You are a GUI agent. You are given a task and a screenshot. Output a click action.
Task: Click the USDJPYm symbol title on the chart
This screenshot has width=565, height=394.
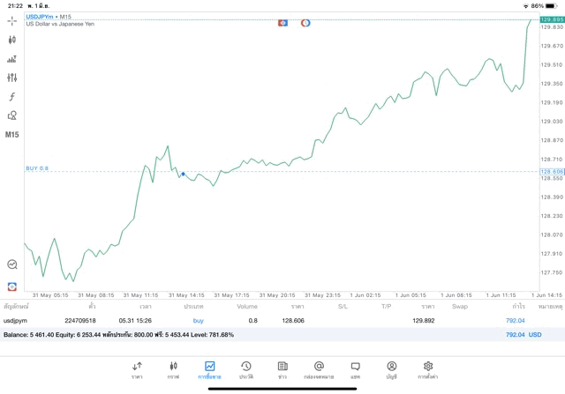point(41,16)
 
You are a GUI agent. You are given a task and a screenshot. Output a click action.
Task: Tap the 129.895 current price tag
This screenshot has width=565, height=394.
point(552,19)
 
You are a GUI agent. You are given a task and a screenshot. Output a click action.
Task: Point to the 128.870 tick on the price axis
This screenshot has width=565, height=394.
point(550,140)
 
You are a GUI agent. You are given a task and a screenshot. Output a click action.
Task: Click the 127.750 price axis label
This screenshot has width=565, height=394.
point(550,272)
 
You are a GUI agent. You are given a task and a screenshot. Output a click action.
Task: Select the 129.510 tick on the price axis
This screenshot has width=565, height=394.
point(550,64)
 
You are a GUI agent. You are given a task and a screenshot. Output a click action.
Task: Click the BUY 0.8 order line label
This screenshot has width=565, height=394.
point(37,167)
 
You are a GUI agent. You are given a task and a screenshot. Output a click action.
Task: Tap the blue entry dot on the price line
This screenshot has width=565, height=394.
point(183,174)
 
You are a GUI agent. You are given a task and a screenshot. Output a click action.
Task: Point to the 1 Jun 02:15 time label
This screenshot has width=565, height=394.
point(364,295)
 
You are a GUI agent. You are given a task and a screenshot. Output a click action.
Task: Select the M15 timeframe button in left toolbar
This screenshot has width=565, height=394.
point(12,135)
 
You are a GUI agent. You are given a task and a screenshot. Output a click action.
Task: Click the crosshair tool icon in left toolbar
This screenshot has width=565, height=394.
point(12,20)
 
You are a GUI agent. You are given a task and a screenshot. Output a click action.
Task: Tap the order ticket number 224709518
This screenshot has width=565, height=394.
point(79,321)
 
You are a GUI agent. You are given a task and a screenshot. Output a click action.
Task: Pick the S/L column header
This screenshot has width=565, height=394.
point(343,306)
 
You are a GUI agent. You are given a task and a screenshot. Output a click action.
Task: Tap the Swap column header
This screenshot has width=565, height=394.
point(459,306)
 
